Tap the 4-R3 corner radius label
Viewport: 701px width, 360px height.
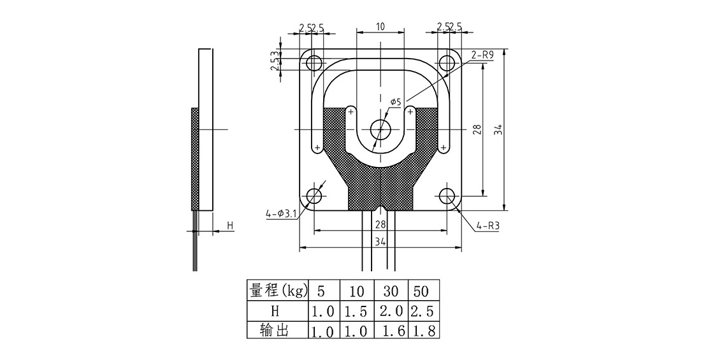pyautogui.click(x=488, y=226)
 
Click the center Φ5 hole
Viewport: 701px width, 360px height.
pyautogui.click(x=380, y=129)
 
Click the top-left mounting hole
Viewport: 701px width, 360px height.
pyautogui.click(x=314, y=63)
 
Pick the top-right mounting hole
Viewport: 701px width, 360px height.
pyautogui.click(x=447, y=63)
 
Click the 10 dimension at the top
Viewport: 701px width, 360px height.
pyautogui.click(x=380, y=26)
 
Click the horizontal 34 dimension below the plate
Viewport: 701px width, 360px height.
pyautogui.click(x=380, y=242)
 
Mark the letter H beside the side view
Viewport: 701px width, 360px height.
pyautogui.click(x=230, y=225)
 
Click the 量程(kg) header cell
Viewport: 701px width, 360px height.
pyautogui.click(x=278, y=291)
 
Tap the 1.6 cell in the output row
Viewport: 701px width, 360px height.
pyautogui.click(x=390, y=330)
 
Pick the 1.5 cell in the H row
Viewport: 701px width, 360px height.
pyautogui.click(x=357, y=311)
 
